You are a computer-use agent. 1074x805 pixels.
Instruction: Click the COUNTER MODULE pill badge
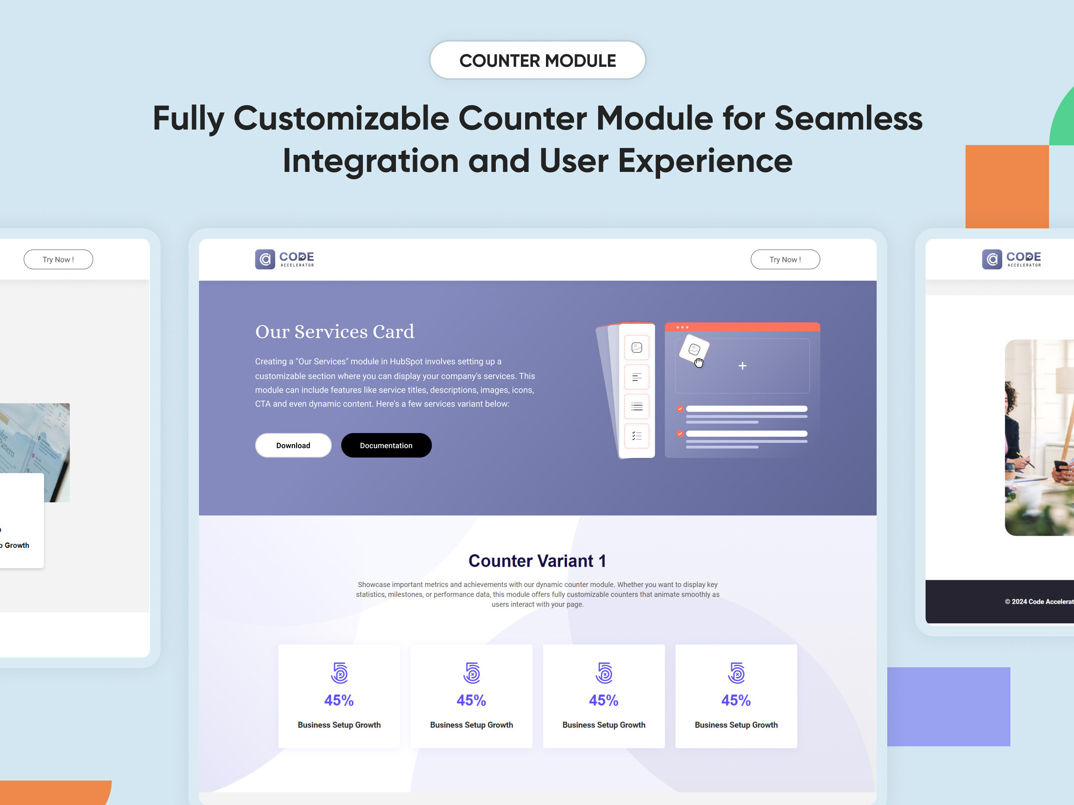537,60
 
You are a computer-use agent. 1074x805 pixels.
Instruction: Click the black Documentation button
386,445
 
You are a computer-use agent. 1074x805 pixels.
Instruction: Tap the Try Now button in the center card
785,260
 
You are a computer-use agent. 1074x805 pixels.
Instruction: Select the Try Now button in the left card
58,260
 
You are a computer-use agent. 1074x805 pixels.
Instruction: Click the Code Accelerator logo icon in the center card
265,260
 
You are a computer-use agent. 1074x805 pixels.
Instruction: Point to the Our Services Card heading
334,332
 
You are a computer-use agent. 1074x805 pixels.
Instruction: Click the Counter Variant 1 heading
537,561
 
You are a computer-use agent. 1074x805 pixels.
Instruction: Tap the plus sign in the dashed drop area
743,366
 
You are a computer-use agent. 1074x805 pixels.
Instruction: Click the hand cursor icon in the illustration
699,363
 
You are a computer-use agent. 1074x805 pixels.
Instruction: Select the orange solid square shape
1007,187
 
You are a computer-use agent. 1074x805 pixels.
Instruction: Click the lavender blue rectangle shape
948,706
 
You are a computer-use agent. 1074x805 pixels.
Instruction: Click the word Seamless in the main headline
848,119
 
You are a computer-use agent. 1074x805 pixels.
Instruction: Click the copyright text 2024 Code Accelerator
1039,602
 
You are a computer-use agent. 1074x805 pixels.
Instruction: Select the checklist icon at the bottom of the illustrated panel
636,436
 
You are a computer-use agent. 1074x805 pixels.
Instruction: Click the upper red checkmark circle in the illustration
680,409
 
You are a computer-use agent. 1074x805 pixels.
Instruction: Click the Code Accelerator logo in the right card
1011,260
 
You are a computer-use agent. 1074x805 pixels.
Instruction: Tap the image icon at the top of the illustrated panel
636,348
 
